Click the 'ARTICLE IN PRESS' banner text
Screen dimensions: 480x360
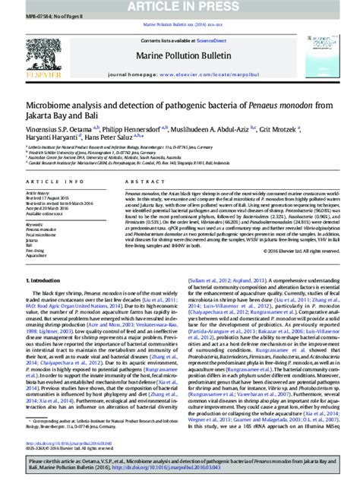180,7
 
